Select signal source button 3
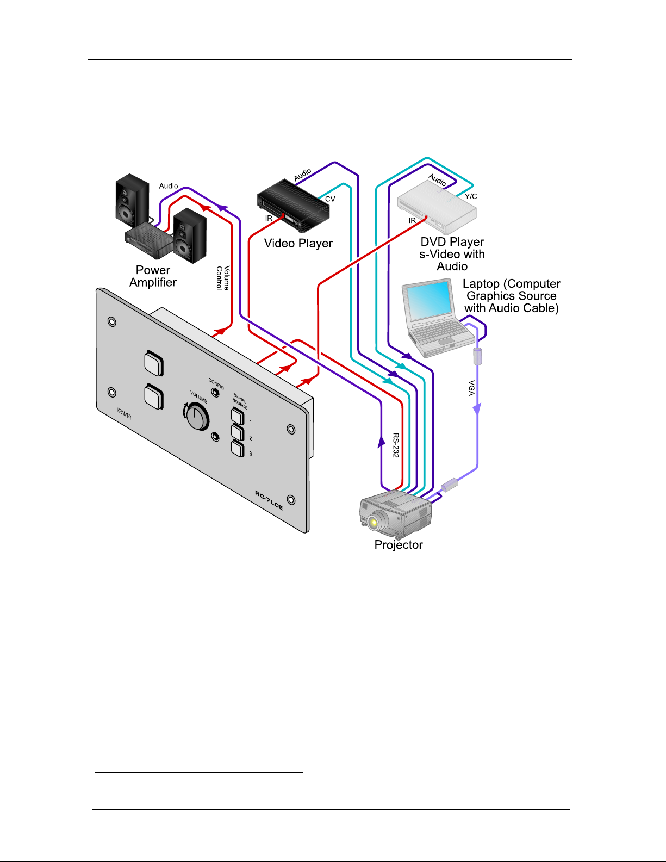(x=238, y=449)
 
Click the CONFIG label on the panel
(x=216, y=383)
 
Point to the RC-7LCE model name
(x=269, y=500)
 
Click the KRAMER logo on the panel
(x=125, y=414)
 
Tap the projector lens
(x=373, y=523)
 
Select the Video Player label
(x=298, y=243)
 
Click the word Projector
(x=399, y=545)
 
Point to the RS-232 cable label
(x=396, y=445)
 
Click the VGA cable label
(x=472, y=388)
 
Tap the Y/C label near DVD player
(x=471, y=196)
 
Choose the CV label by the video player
(x=330, y=199)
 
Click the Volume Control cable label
(x=223, y=278)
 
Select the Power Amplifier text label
(x=153, y=276)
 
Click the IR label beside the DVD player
(x=412, y=220)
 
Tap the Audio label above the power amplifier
(x=169, y=186)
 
